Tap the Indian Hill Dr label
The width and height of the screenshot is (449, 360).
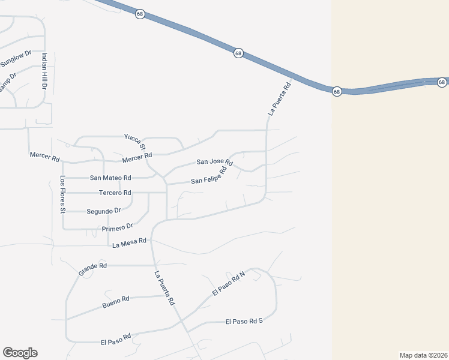click(44, 71)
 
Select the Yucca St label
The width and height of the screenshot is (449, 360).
click(135, 142)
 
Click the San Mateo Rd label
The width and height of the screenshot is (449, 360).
click(110, 178)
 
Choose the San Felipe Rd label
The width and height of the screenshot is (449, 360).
click(208, 176)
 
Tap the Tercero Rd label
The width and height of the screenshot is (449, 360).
click(115, 193)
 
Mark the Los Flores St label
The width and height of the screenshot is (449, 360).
click(62, 194)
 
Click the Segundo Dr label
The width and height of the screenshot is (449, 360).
click(104, 211)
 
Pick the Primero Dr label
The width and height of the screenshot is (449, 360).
click(117, 227)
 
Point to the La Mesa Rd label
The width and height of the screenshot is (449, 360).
click(130, 242)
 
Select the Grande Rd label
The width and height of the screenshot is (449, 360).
click(92, 269)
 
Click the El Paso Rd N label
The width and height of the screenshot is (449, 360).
click(229, 283)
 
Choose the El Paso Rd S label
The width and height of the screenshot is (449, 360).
click(244, 322)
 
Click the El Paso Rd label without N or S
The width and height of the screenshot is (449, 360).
click(116, 340)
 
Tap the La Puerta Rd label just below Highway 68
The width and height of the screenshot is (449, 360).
click(279, 98)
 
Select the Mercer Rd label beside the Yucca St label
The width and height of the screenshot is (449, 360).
click(136, 158)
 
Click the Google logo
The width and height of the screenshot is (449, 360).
click(20, 353)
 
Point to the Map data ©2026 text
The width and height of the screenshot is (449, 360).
click(423, 355)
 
